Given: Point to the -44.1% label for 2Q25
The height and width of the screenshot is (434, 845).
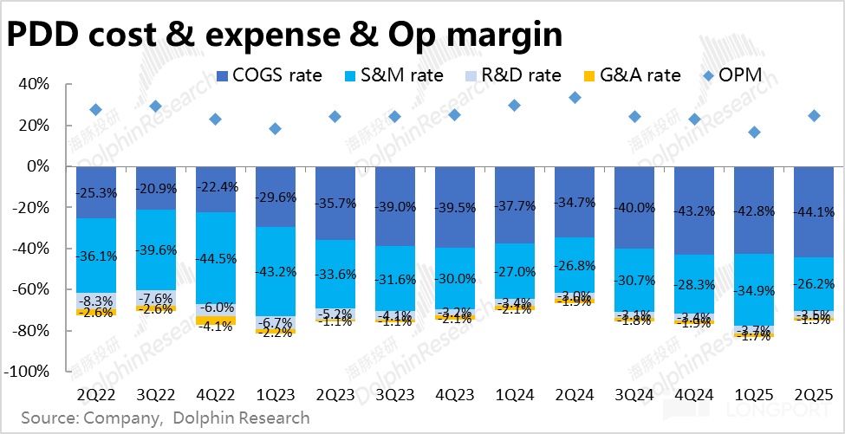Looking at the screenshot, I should pyautogui.click(x=814, y=210).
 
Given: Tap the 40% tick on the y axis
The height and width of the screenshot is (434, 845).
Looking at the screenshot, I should pyautogui.click(x=35, y=85).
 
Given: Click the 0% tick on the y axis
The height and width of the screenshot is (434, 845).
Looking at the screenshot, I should pyautogui.click(x=39, y=166).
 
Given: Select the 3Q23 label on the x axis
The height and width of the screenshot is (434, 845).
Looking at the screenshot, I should pyautogui.click(x=394, y=394).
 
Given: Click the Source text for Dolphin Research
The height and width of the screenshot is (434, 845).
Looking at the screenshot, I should pyautogui.click(x=241, y=418).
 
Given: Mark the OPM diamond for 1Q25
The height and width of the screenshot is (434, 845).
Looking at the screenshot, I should pyautogui.click(x=754, y=133).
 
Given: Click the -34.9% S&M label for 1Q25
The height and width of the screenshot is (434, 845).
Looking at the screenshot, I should pyautogui.click(x=754, y=288).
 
